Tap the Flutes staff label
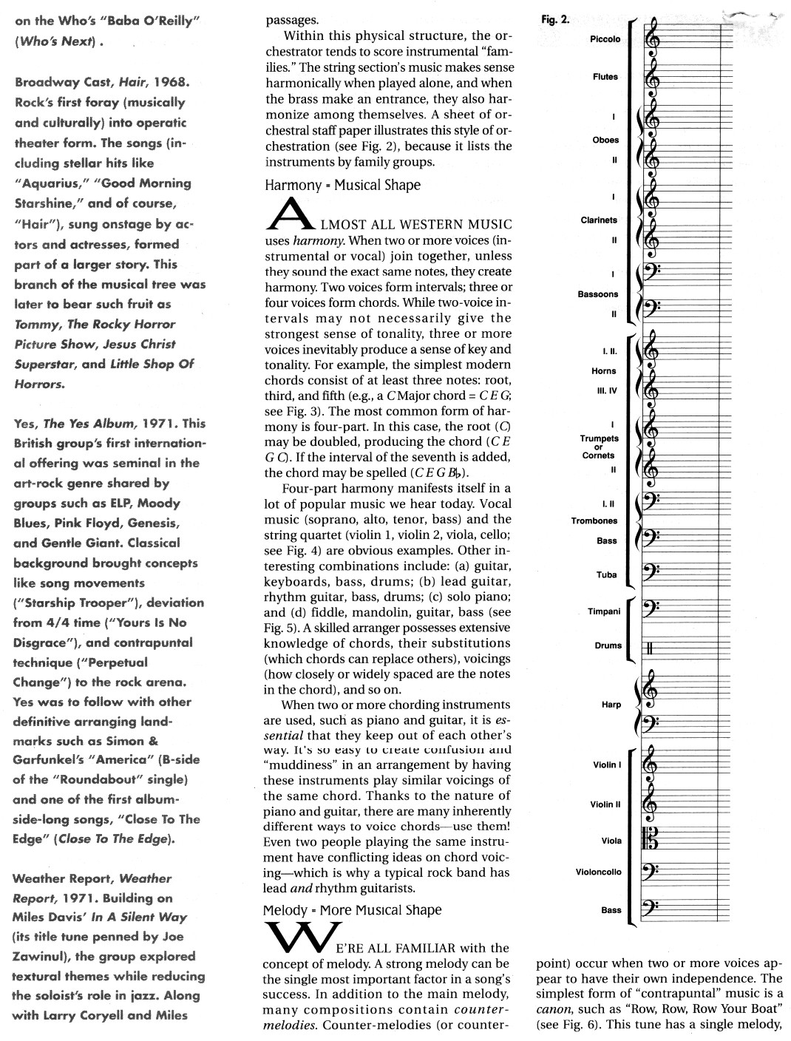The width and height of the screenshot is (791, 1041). click(x=605, y=77)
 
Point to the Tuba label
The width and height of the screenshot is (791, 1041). click(x=606, y=574)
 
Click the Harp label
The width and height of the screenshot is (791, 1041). click(x=611, y=705)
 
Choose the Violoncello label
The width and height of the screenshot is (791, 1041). click(x=598, y=872)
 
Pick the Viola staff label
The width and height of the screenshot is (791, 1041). click(x=611, y=841)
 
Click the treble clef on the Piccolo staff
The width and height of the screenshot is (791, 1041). click(x=653, y=39)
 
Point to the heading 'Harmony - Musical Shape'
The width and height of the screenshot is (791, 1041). click(x=342, y=186)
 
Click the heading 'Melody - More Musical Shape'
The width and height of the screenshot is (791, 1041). click(x=353, y=910)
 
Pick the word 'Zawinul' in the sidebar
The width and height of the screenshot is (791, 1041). click(x=44, y=956)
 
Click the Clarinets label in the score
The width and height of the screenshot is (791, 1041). click(x=599, y=220)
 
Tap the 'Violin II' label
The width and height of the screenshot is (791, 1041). click(x=605, y=804)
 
